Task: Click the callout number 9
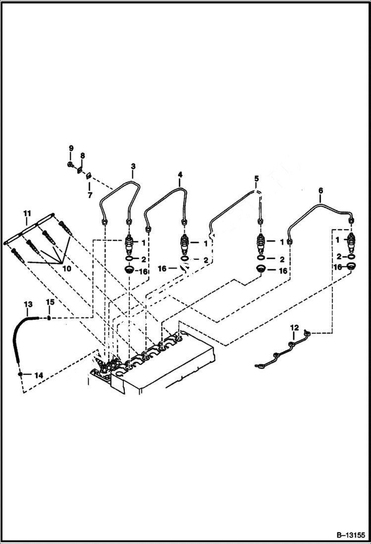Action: [x=71, y=148]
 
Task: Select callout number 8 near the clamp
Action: [x=83, y=156]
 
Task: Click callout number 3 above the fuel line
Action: [x=133, y=166]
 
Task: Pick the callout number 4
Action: [x=180, y=174]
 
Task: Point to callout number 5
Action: [x=256, y=178]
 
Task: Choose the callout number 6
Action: [x=320, y=190]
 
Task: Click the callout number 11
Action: [x=27, y=213]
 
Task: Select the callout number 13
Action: [x=28, y=303]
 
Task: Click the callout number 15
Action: [x=50, y=302]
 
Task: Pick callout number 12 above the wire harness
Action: [x=295, y=327]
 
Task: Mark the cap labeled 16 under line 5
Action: [x=261, y=269]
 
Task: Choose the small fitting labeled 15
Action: [x=50, y=317]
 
